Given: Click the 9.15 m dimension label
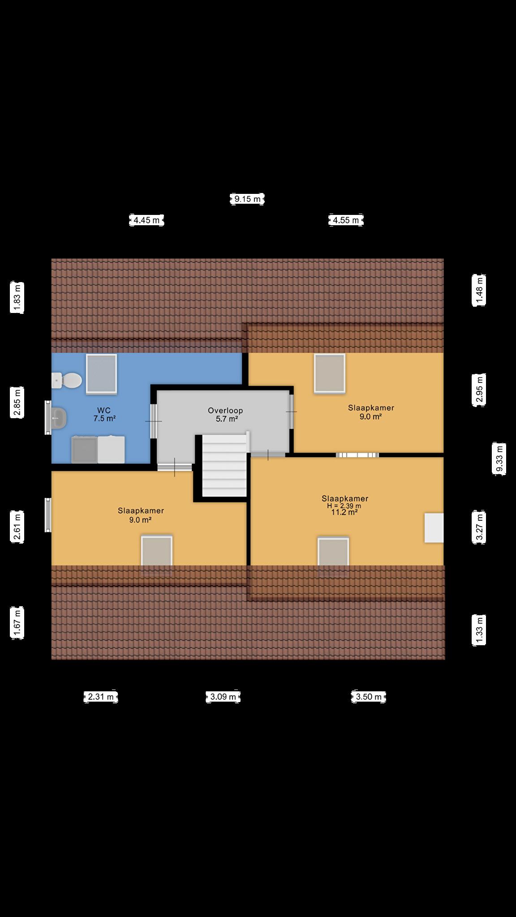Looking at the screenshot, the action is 247,199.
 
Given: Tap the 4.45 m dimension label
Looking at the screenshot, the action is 146,220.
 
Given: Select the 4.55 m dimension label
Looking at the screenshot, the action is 345,220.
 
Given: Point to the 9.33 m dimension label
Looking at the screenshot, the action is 499,458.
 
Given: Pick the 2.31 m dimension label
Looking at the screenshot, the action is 101,697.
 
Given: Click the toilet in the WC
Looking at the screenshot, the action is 67,381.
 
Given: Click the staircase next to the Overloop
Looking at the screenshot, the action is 225,466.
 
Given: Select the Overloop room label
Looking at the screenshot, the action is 225,411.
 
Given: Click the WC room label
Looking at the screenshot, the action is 104,410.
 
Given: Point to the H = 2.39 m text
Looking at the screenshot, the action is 344,506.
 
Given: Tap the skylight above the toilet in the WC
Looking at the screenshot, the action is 101,374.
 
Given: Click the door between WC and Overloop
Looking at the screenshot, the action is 154,421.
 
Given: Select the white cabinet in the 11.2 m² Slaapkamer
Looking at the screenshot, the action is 434,528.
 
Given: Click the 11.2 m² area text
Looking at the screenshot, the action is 344,513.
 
